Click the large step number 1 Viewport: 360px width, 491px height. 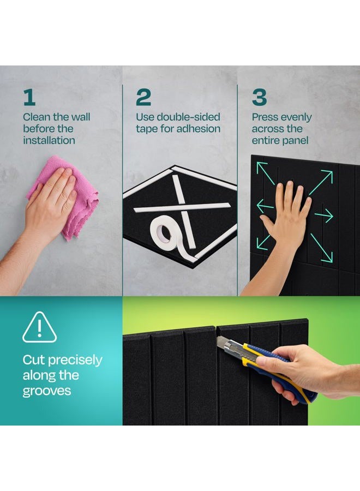click(x=29, y=98)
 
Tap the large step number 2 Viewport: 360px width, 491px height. click(x=143, y=98)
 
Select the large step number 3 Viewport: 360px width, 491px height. click(x=260, y=98)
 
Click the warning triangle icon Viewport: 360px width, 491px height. click(x=39, y=327)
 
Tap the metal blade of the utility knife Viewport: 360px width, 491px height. click(x=224, y=343)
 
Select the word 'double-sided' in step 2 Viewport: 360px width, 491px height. click(x=188, y=117)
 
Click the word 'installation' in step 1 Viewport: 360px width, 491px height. click(x=49, y=140)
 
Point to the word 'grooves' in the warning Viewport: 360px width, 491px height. click(x=47, y=391)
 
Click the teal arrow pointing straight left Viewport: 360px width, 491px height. click(x=265, y=206)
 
